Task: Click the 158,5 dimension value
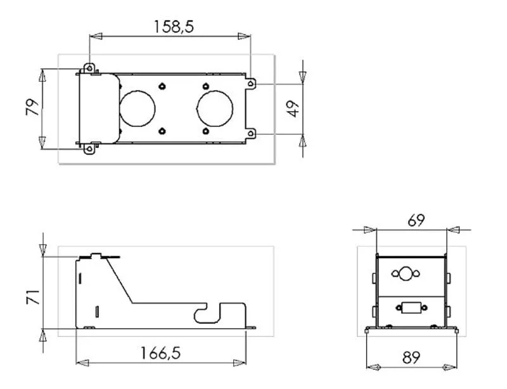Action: pyautogui.click(x=174, y=27)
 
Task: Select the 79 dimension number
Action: pyautogui.click(x=32, y=107)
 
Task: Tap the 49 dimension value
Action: pyautogui.click(x=293, y=109)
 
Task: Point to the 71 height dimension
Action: pyautogui.click(x=33, y=297)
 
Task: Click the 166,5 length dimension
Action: pyautogui.click(x=161, y=353)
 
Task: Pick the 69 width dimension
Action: pyautogui.click(x=416, y=221)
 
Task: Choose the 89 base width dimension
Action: pyautogui.click(x=411, y=357)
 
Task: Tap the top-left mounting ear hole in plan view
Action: pyautogui.click(x=89, y=69)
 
